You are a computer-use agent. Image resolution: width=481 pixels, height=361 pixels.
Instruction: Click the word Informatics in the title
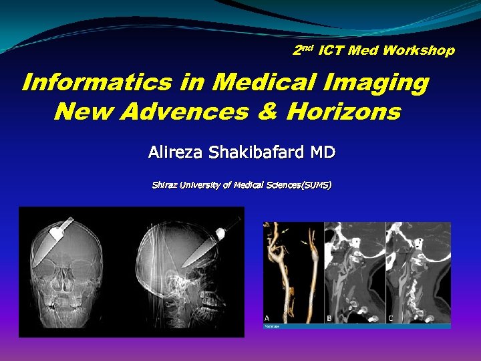pos(97,83)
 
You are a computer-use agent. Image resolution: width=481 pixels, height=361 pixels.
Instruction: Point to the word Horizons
pos(343,111)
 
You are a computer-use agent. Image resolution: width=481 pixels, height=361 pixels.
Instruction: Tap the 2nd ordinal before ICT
pos(303,49)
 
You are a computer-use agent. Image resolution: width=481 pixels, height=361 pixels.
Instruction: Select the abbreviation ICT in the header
pos(332,50)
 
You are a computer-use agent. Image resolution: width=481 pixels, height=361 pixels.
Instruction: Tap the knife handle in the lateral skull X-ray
pos(220,233)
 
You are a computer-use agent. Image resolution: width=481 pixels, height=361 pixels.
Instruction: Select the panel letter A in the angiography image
pos(267,317)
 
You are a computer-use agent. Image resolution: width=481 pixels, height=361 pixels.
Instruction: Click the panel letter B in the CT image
pos(330,317)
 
